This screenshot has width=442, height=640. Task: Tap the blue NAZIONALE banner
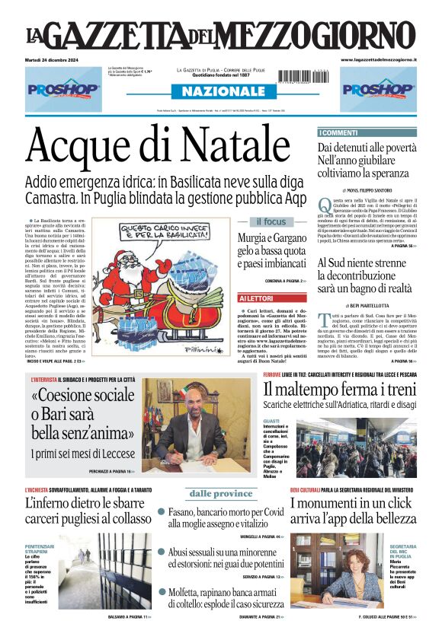[220, 92]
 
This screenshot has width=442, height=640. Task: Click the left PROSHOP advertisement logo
[64, 88]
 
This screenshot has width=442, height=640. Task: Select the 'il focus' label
[271, 222]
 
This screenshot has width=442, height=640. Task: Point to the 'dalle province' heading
[221, 493]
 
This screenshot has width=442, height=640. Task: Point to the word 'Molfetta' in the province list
[185, 591]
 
